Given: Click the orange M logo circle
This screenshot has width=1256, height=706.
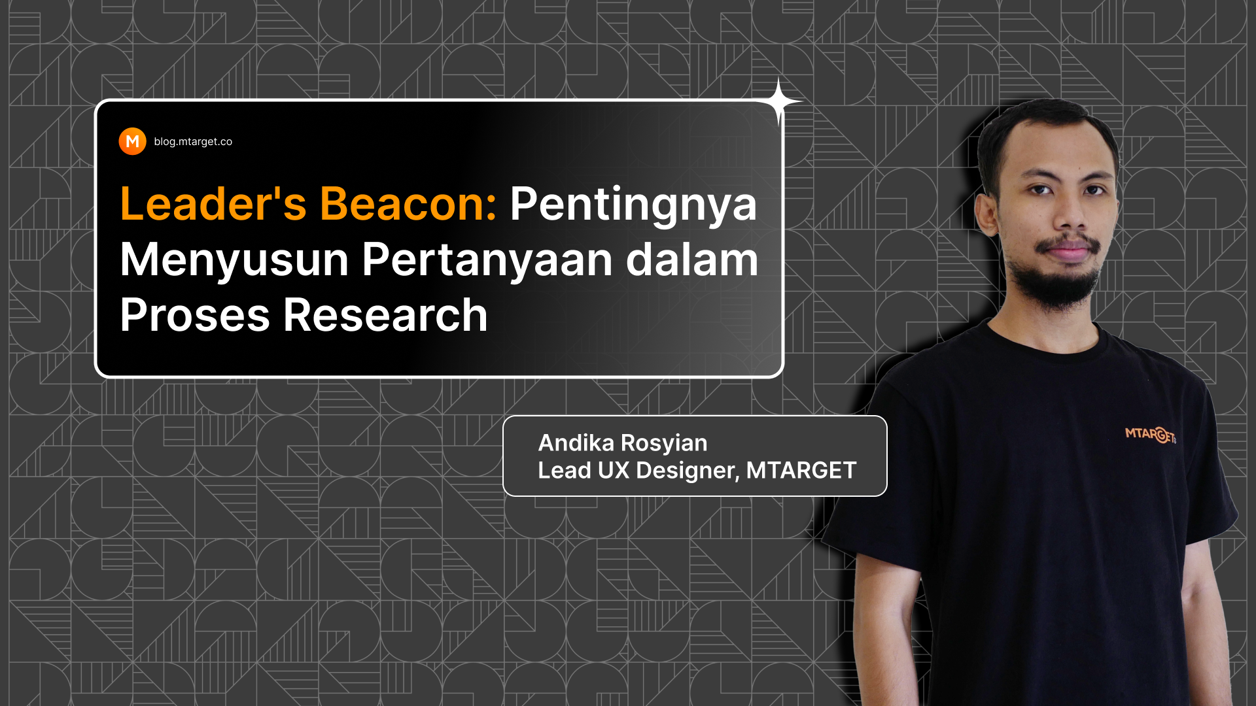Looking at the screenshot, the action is (x=132, y=141).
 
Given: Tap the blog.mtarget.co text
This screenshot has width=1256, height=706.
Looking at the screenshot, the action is (x=193, y=142).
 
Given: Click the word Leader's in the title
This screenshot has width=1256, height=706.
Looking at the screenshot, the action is (x=213, y=203).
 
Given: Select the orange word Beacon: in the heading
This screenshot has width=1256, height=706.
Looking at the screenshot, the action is (x=408, y=203).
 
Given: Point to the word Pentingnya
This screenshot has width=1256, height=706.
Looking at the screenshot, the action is (x=633, y=205).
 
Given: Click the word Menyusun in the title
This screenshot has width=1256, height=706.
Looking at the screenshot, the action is (x=234, y=260).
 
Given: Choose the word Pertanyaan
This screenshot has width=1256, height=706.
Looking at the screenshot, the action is (x=487, y=260).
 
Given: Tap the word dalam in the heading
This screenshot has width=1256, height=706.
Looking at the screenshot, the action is (x=692, y=259).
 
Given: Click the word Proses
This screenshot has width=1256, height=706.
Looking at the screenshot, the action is (x=195, y=315).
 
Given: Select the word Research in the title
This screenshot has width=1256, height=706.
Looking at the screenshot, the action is (x=385, y=314).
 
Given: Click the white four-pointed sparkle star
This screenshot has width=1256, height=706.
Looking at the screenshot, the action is (x=779, y=101).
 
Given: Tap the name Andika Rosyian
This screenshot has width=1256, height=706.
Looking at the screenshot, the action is (x=623, y=443).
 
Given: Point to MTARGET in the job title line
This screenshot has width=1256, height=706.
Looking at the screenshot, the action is (x=801, y=470).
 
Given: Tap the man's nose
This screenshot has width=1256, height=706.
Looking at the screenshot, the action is (x=1069, y=215).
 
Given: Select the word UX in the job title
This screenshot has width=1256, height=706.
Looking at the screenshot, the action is (x=614, y=470).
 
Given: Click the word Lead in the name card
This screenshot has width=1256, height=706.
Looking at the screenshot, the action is (x=565, y=470).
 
